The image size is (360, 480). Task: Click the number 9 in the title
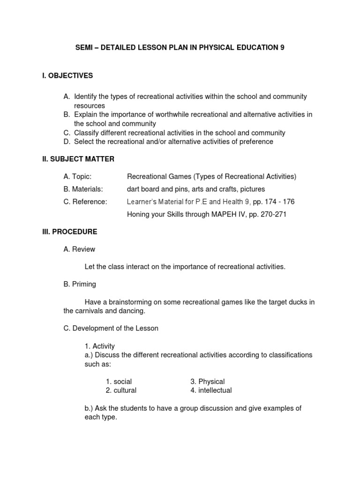click(282, 48)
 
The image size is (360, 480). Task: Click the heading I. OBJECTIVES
click(67, 75)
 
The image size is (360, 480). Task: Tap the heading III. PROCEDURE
click(70, 232)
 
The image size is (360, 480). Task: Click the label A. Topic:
click(77, 176)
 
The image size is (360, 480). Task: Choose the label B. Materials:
click(83, 189)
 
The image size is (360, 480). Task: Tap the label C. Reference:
click(85, 202)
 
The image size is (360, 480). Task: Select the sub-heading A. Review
click(79, 249)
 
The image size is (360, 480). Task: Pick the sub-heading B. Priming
click(80, 284)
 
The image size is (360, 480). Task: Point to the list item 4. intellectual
click(211, 390)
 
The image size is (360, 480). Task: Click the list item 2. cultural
click(121, 390)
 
